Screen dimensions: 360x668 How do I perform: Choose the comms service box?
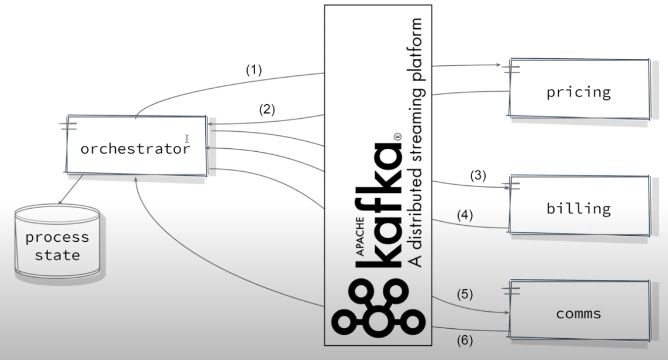coord(579,314)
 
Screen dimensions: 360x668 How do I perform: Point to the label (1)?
coord(253,70)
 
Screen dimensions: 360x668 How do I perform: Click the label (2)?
coord(266,109)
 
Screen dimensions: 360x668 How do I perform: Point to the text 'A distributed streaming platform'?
coord(417,141)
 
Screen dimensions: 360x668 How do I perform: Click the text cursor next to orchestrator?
coord(187,139)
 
